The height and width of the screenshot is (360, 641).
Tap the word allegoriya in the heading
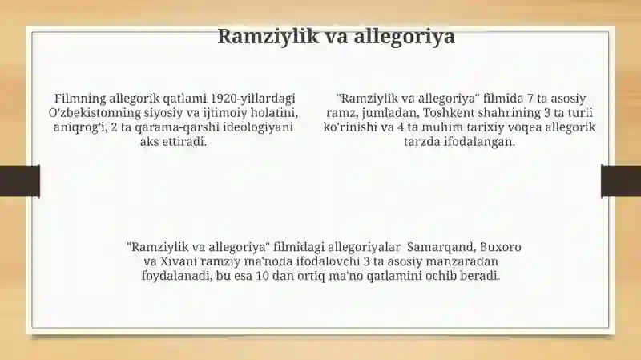[404, 37]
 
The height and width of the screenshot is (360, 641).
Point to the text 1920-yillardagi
[252, 99]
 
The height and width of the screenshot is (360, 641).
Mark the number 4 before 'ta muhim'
[401, 127]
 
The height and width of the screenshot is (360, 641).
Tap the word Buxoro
[500, 247]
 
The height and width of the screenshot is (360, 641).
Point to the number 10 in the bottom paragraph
[262, 276]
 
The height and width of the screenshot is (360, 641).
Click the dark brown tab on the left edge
[20, 181]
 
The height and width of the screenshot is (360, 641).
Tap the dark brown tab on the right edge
[621, 181]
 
